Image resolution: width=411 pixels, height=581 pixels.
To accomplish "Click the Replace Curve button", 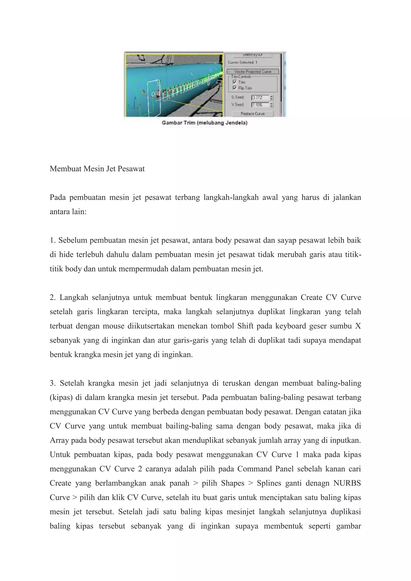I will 253,114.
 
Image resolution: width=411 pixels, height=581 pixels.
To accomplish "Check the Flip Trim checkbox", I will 234,88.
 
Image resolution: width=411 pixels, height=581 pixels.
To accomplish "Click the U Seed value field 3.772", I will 260,98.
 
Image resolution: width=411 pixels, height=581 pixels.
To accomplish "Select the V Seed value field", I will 260,105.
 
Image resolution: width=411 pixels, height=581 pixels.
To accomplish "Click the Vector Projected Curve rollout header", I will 253,72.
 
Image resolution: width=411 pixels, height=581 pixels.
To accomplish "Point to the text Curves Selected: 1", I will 242,62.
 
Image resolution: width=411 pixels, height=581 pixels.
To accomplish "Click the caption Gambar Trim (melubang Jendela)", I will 204,123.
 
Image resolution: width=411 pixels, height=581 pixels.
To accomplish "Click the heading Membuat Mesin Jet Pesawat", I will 97,169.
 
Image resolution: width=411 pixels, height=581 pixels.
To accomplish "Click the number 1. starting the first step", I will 52,240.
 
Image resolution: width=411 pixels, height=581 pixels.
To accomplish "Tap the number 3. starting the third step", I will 52,383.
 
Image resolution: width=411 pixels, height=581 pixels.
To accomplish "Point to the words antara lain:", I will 68,212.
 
